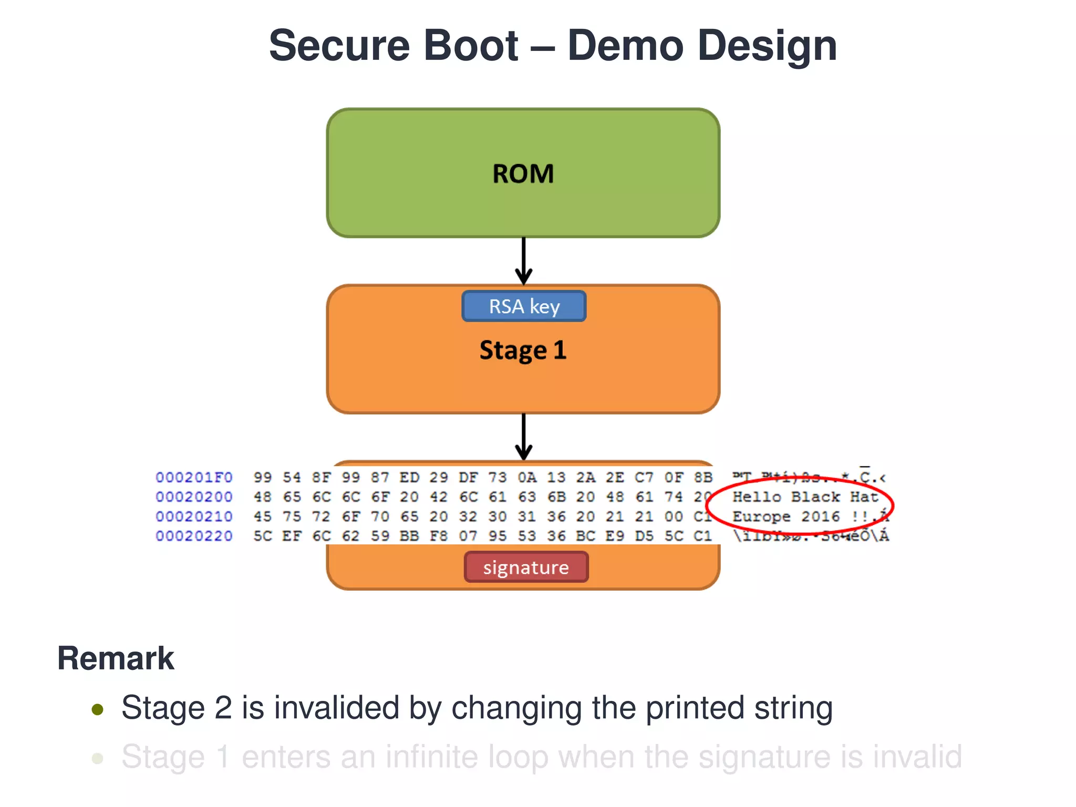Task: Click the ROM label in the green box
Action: coord(523,174)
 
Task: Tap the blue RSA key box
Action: coord(524,306)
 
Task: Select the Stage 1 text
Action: coord(523,350)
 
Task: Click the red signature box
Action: coord(526,567)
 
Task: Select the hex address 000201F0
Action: coord(194,478)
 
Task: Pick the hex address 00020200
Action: coord(194,497)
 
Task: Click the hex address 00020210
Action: coord(194,517)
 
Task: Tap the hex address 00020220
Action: coord(194,536)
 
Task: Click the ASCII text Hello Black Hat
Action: coord(805,497)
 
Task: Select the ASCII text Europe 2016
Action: coord(786,517)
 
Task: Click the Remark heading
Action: coord(116,658)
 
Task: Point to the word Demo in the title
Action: coord(625,46)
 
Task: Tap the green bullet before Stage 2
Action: coord(97,710)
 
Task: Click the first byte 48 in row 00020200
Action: coord(263,497)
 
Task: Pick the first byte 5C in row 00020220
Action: coord(263,536)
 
